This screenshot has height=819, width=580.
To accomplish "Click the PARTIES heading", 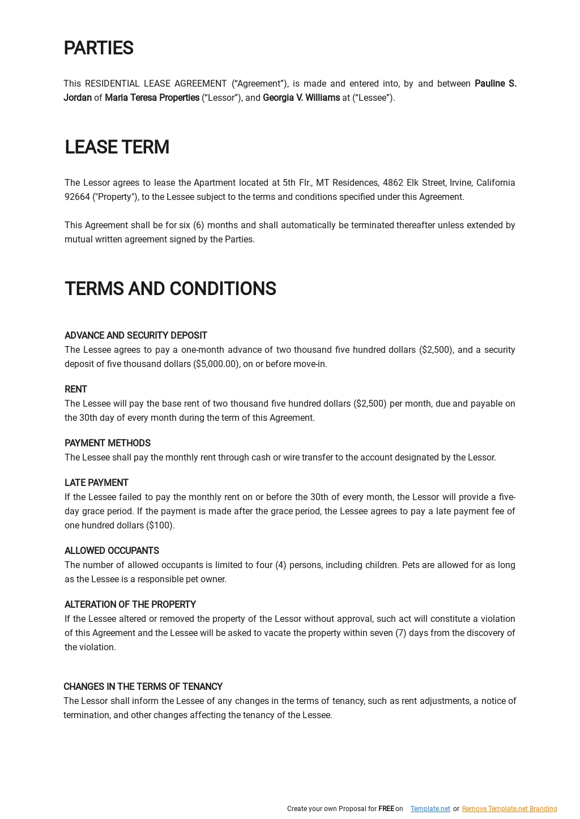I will coord(98,49).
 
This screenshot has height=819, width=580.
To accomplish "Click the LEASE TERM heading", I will coord(117,147).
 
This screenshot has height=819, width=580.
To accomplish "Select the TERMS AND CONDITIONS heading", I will coord(170,289).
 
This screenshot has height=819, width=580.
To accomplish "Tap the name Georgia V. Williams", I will coord(301,98).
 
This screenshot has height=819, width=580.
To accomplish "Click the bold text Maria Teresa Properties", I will coord(152,98).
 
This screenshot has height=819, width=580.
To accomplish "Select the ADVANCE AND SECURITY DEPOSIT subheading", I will coord(135,336).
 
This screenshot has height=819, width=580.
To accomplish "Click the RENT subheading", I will coord(75,390).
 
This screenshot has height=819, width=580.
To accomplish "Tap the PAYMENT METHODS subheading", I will coord(107,443).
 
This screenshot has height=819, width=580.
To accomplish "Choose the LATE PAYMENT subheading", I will coord(96,483).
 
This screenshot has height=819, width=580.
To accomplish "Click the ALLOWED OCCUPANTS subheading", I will coord(112,551).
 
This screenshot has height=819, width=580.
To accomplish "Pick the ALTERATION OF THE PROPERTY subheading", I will coord(130,605).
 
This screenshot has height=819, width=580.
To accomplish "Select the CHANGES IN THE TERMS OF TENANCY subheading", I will coord(143,687).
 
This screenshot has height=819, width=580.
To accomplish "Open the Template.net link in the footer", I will coord(430,809).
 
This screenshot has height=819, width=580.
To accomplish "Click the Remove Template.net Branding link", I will coord(509,809).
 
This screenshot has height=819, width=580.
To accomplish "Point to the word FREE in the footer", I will coord(386,809).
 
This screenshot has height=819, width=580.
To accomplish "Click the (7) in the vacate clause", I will coord(400,633).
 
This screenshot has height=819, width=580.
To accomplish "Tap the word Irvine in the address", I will coord(460,183).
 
